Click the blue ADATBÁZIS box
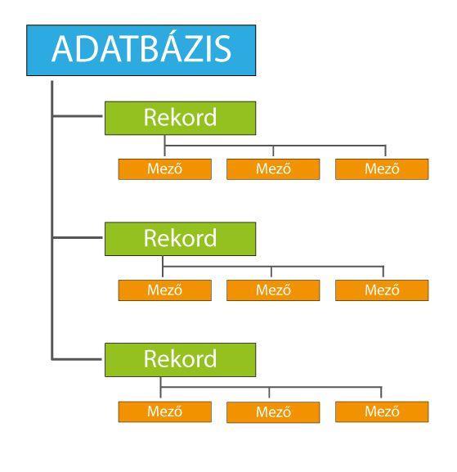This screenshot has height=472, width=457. pyautogui.click(x=141, y=50)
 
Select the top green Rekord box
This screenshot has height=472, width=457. pyautogui.click(x=180, y=118)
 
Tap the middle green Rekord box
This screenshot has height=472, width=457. pyautogui.click(x=180, y=239)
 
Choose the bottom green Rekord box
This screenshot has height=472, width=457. pyautogui.click(x=180, y=360)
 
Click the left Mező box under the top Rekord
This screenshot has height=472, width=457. pyautogui.click(x=165, y=169)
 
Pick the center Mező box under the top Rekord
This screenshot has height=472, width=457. pyautogui.click(x=273, y=169)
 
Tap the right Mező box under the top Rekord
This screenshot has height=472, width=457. pyautogui.click(x=382, y=169)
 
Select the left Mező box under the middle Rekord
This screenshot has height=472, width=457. pyautogui.click(x=165, y=290)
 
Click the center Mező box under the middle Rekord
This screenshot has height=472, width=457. pyautogui.click(x=273, y=290)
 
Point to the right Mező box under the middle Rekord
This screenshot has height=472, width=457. pyautogui.click(x=382, y=290)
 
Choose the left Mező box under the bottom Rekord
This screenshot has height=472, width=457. pyautogui.click(x=165, y=411)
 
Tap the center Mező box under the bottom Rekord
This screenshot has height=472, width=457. pyautogui.click(x=273, y=412)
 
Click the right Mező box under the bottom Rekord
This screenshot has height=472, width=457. pyautogui.click(x=382, y=411)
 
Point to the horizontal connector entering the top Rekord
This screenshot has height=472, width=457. pyautogui.click(x=78, y=116)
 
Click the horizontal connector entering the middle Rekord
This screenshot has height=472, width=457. pyautogui.click(x=78, y=237)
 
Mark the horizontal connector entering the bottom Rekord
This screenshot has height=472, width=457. pyautogui.click(x=77, y=359)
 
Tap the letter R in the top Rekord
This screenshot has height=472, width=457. pyautogui.click(x=150, y=117)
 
